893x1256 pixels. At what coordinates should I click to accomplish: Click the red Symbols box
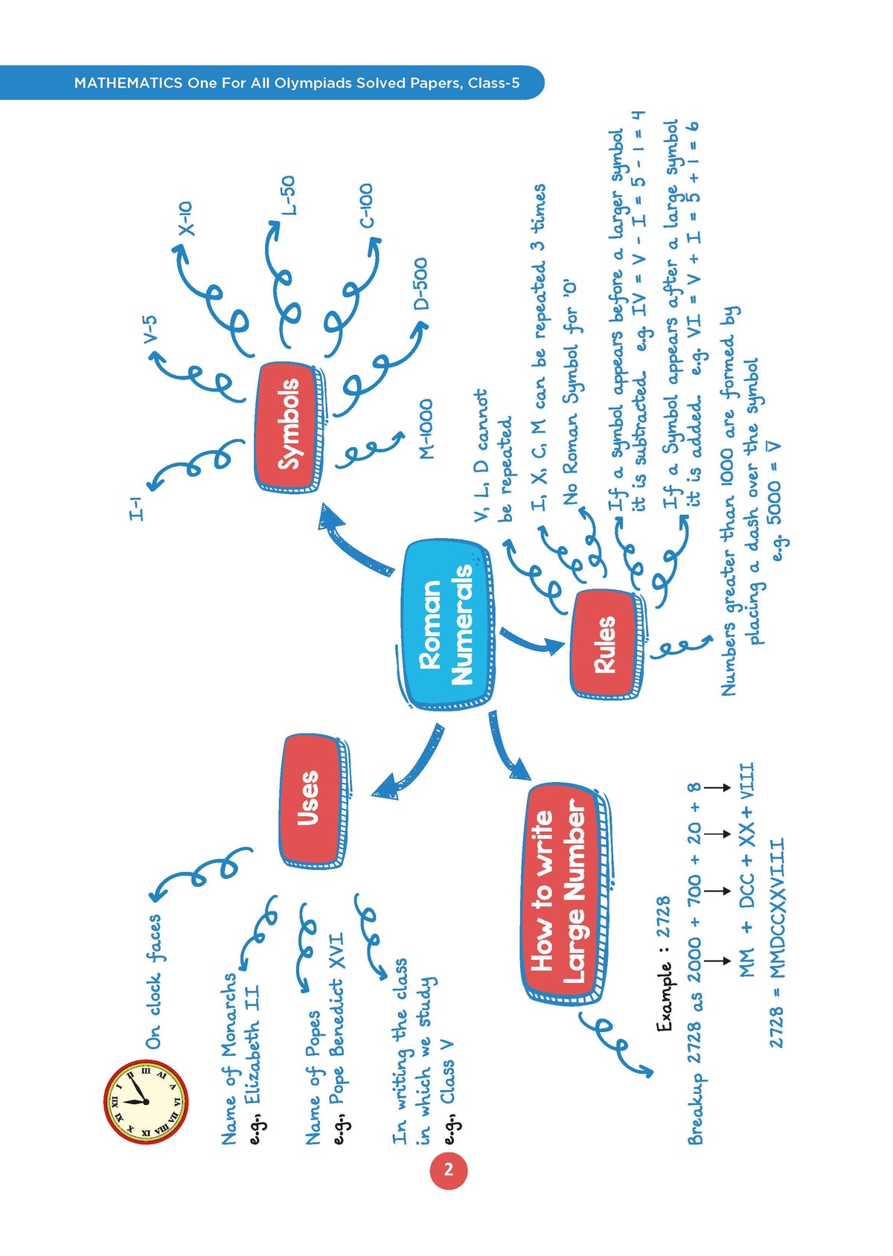pos(290,426)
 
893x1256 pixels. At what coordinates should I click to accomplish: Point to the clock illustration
pos(145,1102)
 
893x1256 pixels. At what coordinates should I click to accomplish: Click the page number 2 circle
pos(448,1170)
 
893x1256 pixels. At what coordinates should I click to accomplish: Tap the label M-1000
pos(426,429)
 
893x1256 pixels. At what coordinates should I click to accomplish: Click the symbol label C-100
pos(365,206)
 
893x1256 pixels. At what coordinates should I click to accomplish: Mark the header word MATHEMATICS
pos(128,83)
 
